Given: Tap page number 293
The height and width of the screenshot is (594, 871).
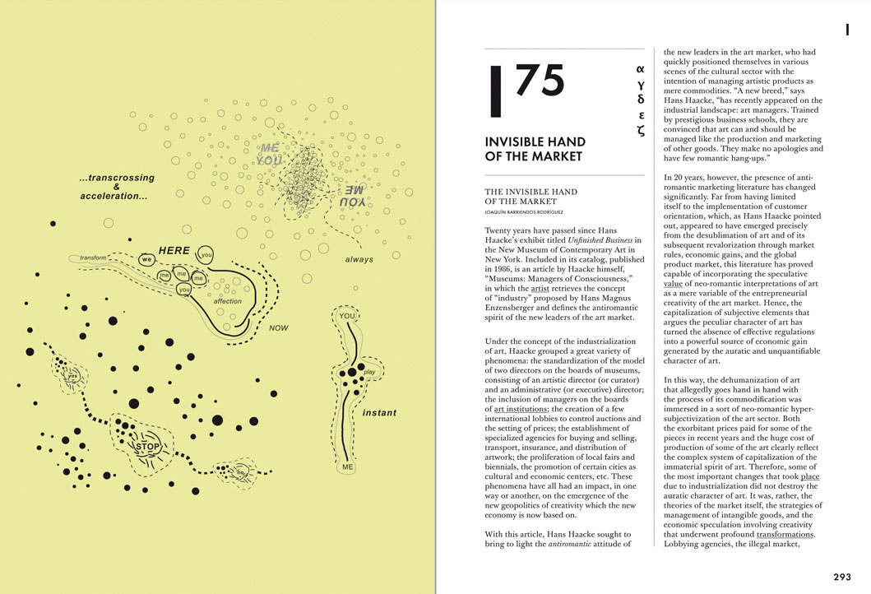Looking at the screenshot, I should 841,577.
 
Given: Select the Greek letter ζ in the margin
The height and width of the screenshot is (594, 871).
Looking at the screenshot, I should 641,130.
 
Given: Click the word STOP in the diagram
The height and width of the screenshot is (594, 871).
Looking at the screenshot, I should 148,447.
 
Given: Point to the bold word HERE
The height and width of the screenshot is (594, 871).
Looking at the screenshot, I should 174,250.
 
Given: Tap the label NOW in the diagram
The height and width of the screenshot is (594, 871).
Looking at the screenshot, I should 279,327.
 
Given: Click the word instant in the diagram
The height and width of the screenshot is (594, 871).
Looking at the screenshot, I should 379,412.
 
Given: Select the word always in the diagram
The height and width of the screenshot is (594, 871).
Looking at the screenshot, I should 359,259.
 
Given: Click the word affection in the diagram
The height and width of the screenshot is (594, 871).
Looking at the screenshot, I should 228,301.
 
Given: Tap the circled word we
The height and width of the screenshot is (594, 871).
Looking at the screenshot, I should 146,258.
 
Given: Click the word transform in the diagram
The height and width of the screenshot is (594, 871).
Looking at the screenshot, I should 93,258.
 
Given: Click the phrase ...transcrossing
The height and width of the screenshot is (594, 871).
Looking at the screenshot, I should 117,177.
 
